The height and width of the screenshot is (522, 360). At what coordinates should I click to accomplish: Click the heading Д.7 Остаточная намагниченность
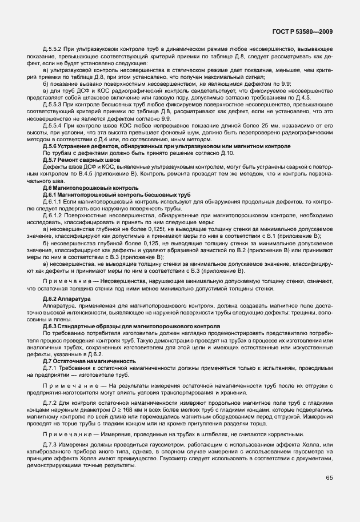[x=89, y=361]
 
